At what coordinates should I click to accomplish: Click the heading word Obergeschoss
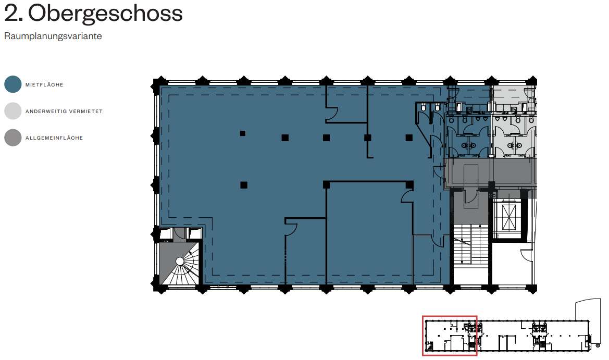[105, 14]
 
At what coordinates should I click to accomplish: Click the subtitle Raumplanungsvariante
[53, 36]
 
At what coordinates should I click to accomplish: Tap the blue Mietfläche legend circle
[13, 84]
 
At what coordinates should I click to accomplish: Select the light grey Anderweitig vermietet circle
[13, 111]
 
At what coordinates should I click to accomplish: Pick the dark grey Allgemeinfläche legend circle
[13, 138]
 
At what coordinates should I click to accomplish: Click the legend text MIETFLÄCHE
[44, 85]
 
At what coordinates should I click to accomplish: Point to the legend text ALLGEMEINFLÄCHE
[54, 138]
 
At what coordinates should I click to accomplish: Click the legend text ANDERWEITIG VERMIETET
[64, 111]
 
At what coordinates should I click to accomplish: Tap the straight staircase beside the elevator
[471, 245]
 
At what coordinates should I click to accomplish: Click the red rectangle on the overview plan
[450, 336]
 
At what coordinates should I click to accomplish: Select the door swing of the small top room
[332, 114]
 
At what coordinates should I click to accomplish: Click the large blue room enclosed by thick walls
[368, 233]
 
